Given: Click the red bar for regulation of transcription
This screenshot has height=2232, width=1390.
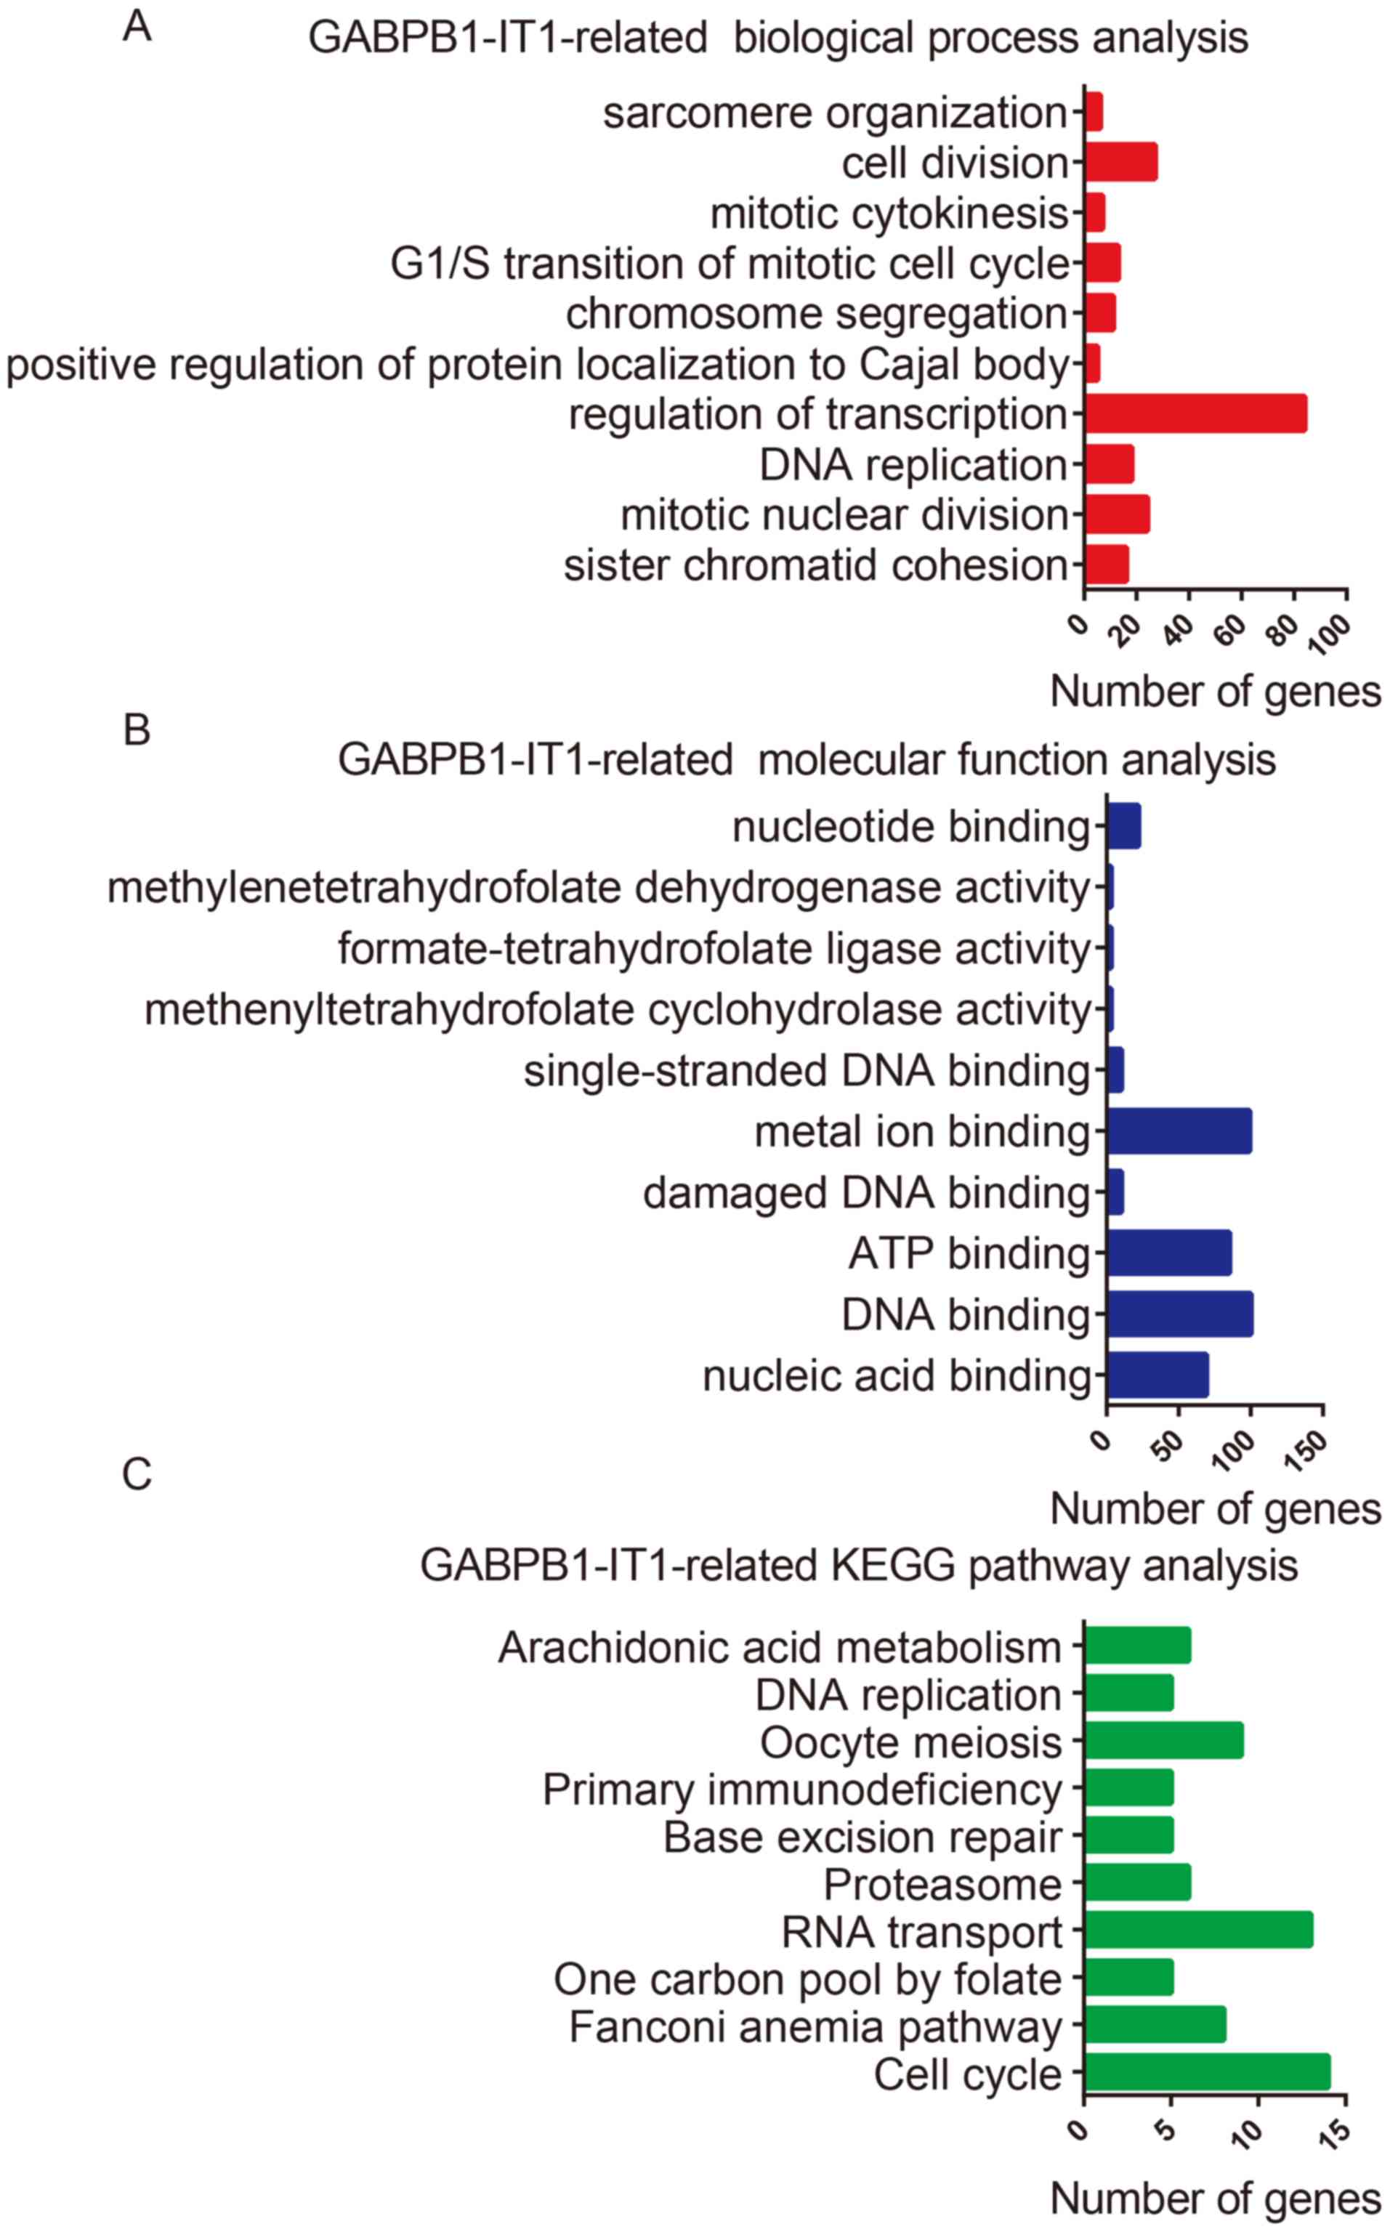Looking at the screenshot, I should pyautogui.click(x=1195, y=413).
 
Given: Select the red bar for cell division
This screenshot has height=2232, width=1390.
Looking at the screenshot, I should pyautogui.click(x=1120, y=163).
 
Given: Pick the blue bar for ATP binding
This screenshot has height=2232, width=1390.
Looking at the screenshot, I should pyautogui.click(x=1169, y=1253).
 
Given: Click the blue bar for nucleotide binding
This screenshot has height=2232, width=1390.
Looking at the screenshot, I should pyautogui.click(x=1124, y=826).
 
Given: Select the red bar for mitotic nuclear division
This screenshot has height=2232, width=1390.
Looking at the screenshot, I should pyautogui.click(x=1117, y=514).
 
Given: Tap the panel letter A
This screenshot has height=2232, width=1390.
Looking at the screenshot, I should pyautogui.click(x=137, y=27).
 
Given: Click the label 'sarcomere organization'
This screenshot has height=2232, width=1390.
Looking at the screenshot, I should pyautogui.click(x=835, y=113).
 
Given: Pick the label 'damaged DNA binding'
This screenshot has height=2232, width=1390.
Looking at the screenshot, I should pyautogui.click(x=866, y=1193).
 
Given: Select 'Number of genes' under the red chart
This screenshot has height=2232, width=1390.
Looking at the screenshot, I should pyautogui.click(x=1216, y=691).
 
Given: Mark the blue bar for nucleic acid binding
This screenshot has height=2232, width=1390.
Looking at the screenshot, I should pyautogui.click(x=1157, y=1375).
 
